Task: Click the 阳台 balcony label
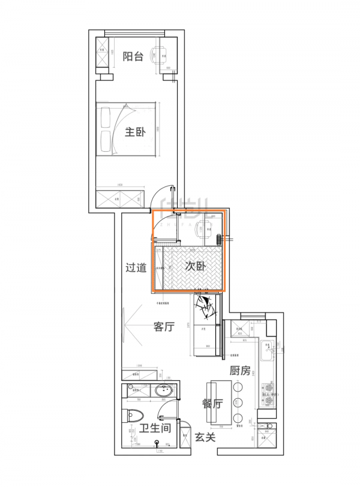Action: coord(133,56)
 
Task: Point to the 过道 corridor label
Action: coord(136,268)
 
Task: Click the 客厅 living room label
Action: coord(164,327)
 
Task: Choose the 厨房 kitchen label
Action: coord(239,371)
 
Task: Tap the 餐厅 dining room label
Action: coord(213,404)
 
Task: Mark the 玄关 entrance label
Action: coord(205,438)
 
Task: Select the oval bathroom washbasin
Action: coord(163,392)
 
